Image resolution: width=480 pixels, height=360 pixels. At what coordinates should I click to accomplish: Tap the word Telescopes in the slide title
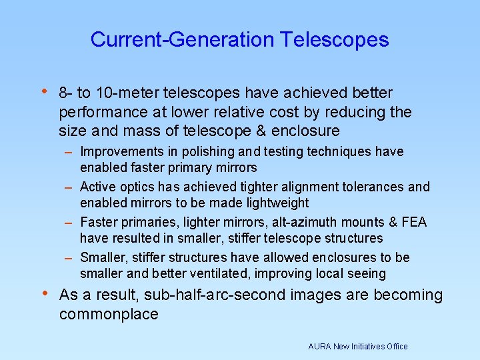[x=335, y=39]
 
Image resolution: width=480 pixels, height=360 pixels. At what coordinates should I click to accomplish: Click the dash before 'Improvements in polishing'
[x=69, y=153]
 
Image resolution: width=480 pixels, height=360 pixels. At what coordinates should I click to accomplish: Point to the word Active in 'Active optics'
[x=98, y=187]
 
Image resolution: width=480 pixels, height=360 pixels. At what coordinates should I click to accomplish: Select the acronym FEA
[x=413, y=222]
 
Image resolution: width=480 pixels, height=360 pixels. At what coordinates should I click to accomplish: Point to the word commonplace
[x=109, y=314]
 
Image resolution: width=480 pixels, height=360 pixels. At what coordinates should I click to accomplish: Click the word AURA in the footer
[x=320, y=347]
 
